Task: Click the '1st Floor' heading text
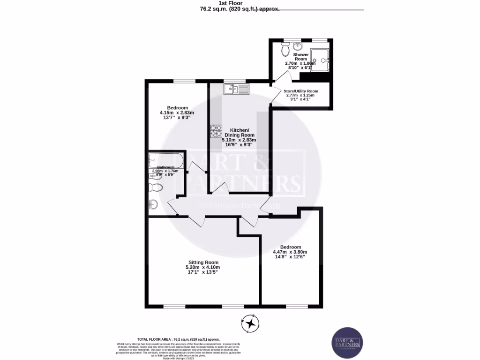[240, 3]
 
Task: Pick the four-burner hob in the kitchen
[216, 131]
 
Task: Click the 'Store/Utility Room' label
[300, 91]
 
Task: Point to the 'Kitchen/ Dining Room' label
[242, 133]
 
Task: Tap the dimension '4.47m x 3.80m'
[290, 252]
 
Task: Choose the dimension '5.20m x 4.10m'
[203, 267]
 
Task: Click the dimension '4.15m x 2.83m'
[177, 112]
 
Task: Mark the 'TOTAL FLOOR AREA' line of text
[178, 339]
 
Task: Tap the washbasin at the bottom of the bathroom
[154, 204]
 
